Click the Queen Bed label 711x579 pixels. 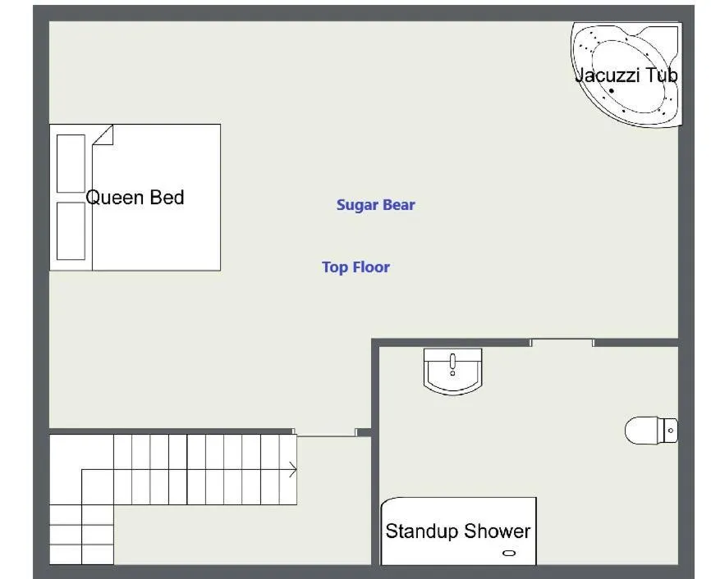coord(135,198)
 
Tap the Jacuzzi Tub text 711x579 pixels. coord(626,75)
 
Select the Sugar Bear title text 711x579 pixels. coord(375,205)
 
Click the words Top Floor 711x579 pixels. coord(355,267)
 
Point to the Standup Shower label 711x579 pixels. coord(457,531)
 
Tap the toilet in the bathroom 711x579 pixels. coord(650,430)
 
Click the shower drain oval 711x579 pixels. coord(509,554)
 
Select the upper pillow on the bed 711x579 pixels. coord(71,163)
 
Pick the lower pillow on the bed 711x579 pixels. coord(71,230)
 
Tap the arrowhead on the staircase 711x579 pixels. coord(292,470)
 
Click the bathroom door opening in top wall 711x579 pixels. coord(562,342)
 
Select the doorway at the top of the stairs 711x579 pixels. coord(325,432)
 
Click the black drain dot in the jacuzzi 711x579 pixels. coord(612,91)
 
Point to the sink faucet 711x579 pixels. coord(452,361)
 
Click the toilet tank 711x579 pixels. coord(671,430)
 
